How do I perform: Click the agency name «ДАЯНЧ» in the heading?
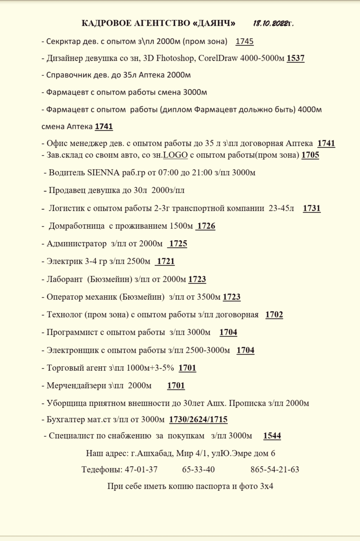[214, 24]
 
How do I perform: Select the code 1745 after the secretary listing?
[245, 42]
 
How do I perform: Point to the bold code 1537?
[295, 58]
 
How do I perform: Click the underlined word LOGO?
[175, 155]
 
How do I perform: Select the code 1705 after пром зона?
[310, 155]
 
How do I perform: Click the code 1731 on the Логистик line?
[312, 208]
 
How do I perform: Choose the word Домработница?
[77, 226]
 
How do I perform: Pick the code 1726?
[206, 226]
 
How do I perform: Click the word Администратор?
[77, 244]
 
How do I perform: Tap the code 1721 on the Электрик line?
[166, 261]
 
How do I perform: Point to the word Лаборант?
[65, 279]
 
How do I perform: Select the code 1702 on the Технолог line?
[274, 315]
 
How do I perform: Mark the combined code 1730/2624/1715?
[198, 420]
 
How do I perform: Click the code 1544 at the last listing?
[272, 436]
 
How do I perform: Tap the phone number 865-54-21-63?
[275, 470]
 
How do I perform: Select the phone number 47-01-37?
[141, 470]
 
